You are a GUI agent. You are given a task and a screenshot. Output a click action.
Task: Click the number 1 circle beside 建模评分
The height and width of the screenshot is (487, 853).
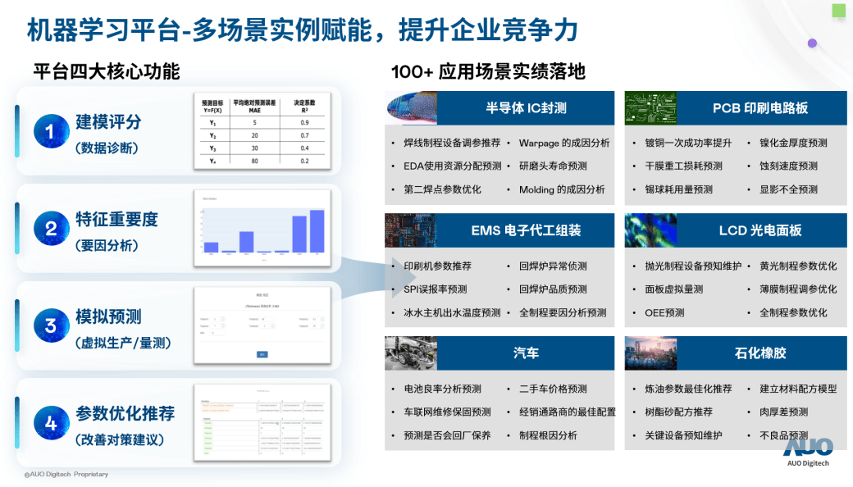51,132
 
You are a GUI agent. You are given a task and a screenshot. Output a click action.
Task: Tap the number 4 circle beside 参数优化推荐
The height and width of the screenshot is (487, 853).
51,423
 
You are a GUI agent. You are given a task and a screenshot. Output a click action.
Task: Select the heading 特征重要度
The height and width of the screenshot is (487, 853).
116,220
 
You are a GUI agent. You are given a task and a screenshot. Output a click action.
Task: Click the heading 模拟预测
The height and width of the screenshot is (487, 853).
108,317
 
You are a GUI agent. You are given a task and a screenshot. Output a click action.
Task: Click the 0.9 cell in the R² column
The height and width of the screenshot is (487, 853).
304,122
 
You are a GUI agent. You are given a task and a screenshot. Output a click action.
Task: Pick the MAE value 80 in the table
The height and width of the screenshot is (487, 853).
255,161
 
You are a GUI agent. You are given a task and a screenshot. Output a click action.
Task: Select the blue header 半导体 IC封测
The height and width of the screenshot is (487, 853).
526,107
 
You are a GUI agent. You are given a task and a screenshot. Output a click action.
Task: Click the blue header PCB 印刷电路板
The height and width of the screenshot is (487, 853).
759,107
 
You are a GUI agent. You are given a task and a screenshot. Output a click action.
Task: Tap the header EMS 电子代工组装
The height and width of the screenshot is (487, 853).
526,230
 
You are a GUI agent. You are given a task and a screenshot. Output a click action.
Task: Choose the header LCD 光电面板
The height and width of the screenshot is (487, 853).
759,230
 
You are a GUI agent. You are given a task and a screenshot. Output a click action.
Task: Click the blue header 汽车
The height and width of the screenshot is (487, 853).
526,353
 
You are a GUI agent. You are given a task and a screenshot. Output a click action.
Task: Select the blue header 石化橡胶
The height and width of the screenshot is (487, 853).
759,353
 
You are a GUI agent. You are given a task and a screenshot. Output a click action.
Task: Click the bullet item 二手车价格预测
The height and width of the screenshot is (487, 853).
553,389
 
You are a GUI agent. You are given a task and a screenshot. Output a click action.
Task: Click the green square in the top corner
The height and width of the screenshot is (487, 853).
838,10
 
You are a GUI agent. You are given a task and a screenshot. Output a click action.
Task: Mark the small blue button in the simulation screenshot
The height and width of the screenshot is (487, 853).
262,354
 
